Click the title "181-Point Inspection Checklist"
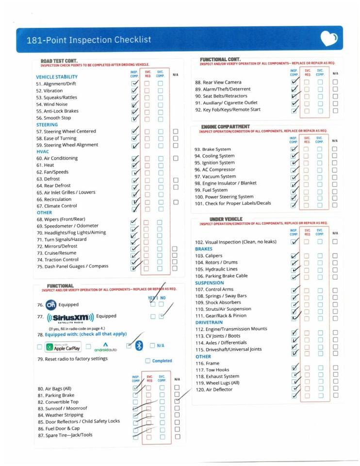(89, 40)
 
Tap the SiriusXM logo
(70, 317)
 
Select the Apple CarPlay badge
(63, 347)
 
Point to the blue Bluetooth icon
(139, 346)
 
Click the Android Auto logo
(105, 347)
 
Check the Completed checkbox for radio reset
(148, 361)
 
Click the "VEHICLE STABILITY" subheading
(57, 77)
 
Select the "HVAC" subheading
(43, 151)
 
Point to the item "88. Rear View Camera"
(218, 83)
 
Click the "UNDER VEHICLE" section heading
(226, 219)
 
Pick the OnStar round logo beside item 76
(51, 305)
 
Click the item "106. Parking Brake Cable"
(221, 276)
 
